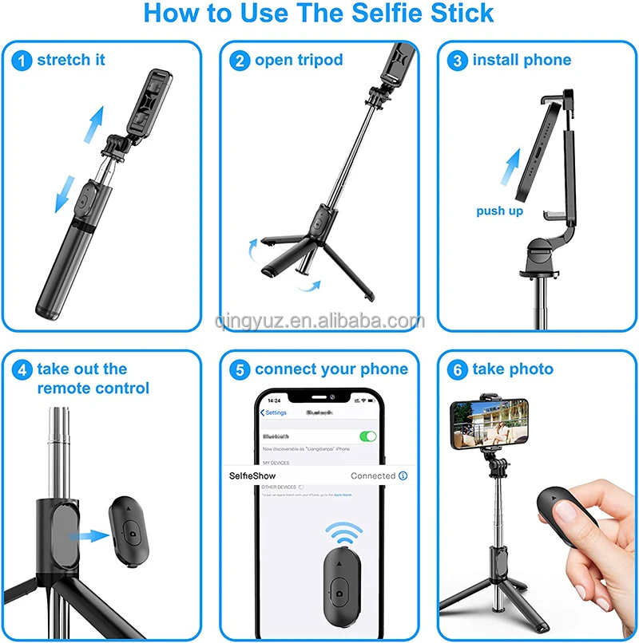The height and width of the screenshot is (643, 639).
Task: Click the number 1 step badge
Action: pos(23,61)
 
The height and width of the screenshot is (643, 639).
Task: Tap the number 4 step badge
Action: pos(23,369)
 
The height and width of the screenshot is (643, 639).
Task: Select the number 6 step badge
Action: pos(458,369)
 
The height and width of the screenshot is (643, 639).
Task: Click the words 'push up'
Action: pos(500,211)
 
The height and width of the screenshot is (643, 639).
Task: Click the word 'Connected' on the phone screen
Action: pos(373,475)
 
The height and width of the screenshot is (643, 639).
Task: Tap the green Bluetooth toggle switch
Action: pos(368,436)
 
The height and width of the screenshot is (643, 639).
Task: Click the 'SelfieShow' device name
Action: pos(252,475)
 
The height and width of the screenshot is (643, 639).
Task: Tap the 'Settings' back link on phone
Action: pos(274,412)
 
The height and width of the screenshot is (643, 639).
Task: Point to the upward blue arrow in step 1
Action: pos(96,122)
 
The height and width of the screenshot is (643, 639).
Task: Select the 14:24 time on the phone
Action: pos(274,400)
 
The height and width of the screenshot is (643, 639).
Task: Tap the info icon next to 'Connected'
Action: pos(403,475)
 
